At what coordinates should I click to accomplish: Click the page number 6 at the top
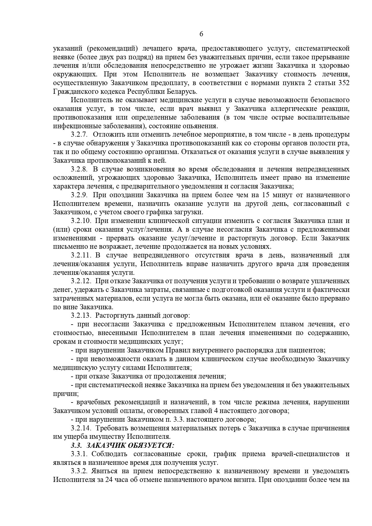201,34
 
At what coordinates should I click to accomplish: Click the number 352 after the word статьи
343,83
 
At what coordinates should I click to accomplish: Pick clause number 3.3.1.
80,454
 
